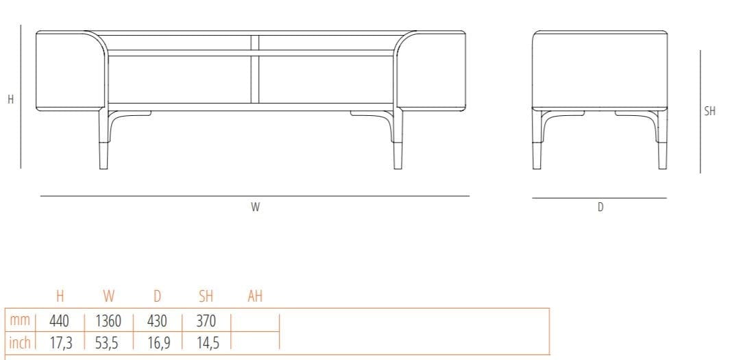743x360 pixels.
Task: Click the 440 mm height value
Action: coord(60,321)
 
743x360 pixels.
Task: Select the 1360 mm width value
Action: coord(108,321)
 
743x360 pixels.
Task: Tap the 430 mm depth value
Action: coord(158,321)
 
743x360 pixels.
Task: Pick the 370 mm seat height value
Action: coord(206,321)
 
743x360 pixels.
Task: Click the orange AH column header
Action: coord(255,297)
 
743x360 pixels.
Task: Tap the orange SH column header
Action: coord(206,297)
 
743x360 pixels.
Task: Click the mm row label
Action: coord(20,321)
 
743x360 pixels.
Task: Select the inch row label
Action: coord(20,342)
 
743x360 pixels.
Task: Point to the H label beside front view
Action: coord(10,99)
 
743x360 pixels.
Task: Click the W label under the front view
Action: coord(255,208)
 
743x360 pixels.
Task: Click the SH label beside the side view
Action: coord(710,111)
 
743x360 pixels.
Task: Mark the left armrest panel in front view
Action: coord(69,70)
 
